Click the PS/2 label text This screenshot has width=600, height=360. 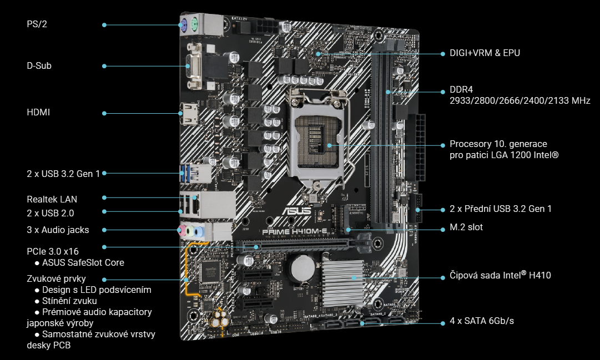36,24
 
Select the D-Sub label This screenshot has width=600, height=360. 39,65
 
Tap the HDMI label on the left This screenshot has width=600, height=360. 38,113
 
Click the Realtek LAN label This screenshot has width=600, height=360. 52,199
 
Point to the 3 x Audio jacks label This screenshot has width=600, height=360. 58,230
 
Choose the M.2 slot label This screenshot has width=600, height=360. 466,227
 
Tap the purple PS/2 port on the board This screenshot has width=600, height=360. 183,24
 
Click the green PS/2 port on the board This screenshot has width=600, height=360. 195,24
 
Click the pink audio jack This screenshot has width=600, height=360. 181,230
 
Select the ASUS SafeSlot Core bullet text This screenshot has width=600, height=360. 83,262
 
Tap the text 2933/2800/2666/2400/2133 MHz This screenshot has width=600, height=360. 520,101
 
